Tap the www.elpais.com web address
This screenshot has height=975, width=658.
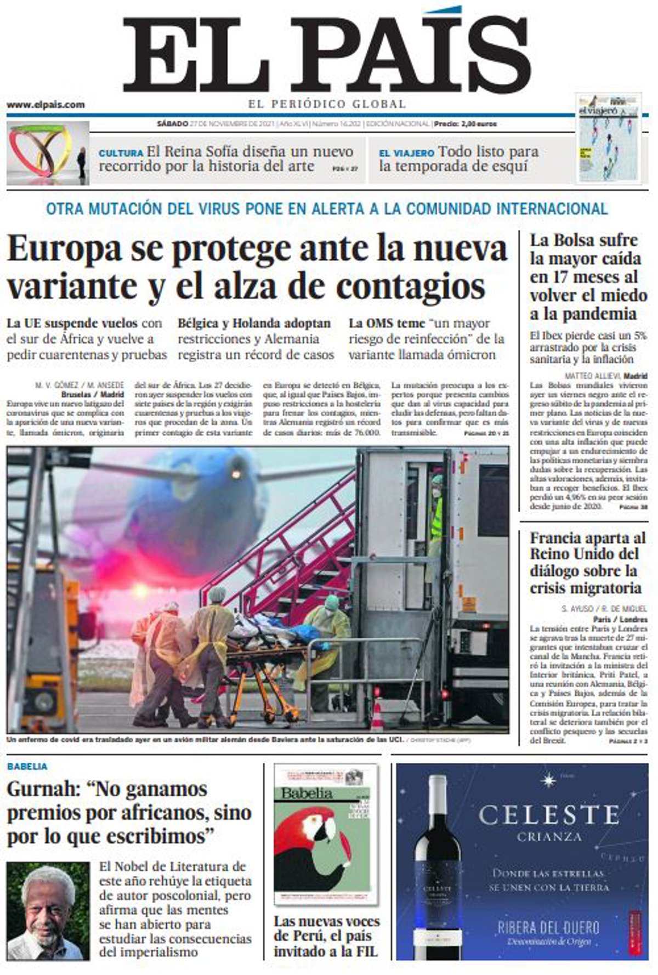coord(46,104)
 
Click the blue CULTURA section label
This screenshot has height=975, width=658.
coord(121,153)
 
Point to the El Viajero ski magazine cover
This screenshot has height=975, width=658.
coord(609,138)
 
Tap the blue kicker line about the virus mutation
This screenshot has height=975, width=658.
coord(327,209)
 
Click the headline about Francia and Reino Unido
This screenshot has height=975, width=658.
coord(587,563)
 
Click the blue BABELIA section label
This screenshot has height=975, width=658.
coord(27,766)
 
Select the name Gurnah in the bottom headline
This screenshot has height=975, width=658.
coord(45,790)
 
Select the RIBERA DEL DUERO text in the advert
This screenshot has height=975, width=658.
coord(548,928)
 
